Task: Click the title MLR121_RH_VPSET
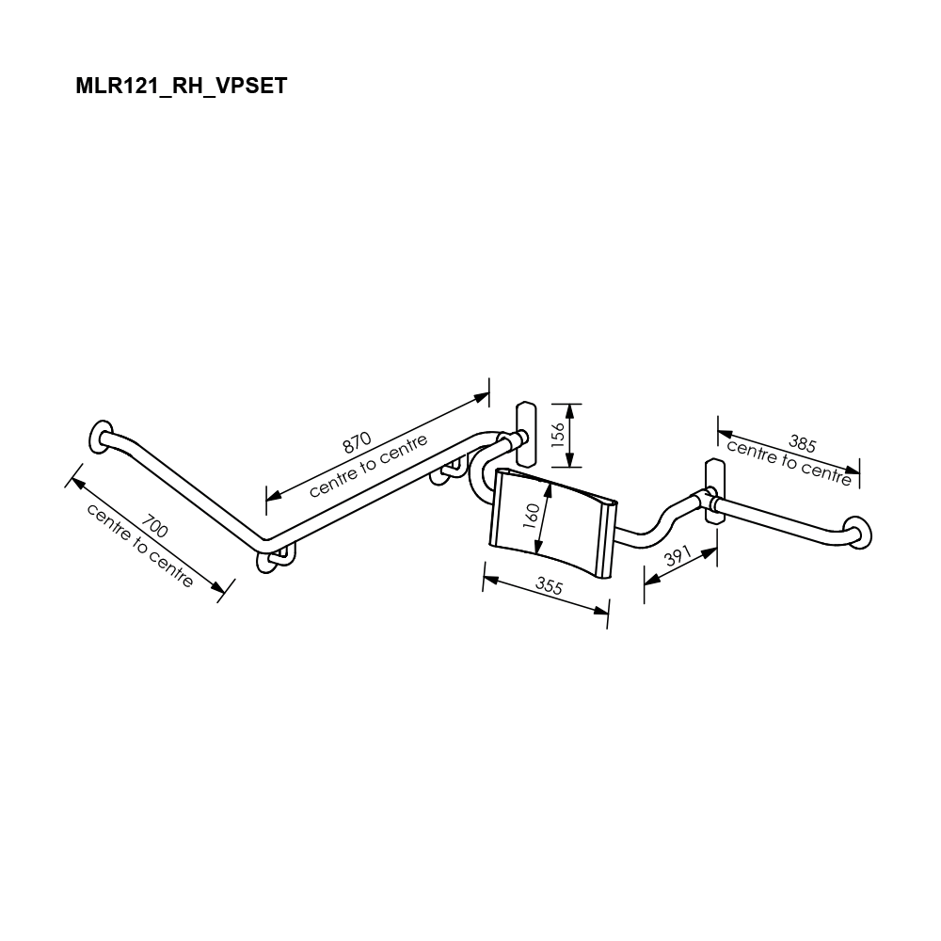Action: tap(182, 86)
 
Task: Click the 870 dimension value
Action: tap(357, 443)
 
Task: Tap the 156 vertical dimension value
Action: tap(558, 435)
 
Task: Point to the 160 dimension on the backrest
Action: tap(532, 516)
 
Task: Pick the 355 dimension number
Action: tap(550, 585)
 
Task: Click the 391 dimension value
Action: tap(678, 556)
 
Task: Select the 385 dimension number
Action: tap(803, 443)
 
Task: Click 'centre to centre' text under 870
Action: tap(369, 466)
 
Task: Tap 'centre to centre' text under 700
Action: tap(140, 545)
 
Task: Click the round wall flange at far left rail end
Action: tap(101, 437)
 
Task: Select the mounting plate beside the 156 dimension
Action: tap(526, 433)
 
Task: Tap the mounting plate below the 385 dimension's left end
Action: tap(715, 491)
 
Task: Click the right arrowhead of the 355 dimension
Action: tap(600, 610)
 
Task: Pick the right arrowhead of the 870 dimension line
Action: tap(481, 397)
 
